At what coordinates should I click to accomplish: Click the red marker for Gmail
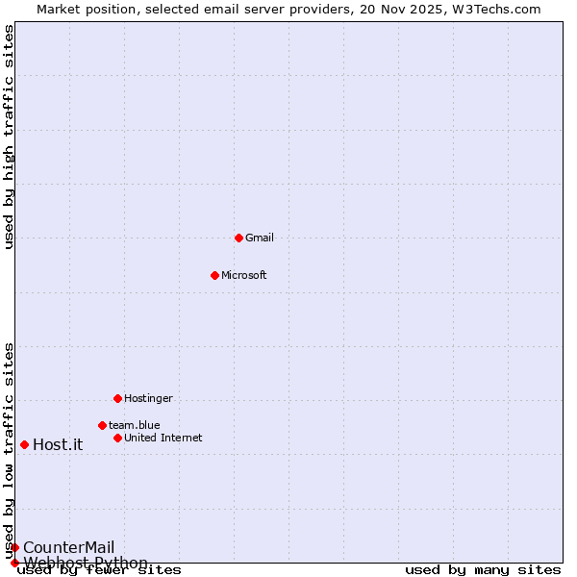[x=238, y=238]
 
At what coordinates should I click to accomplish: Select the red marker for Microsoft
[x=214, y=275]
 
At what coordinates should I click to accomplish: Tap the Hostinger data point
[x=117, y=398]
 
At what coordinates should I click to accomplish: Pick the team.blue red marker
[x=102, y=425]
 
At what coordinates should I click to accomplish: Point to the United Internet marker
[x=117, y=438]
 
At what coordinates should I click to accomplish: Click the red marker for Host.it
[x=24, y=444]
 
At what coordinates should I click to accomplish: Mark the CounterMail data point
[x=14, y=547]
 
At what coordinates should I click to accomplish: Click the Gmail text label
[x=260, y=238]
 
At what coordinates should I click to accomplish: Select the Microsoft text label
[x=244, y=275]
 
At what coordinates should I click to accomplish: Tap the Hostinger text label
[x=149, y=398]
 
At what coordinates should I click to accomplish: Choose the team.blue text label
[x=135, y=425]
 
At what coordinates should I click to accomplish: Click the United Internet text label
[x=163, y=438]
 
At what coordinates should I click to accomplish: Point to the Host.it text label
[x=58, y=444]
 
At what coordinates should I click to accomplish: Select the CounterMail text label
[x=68, y=547]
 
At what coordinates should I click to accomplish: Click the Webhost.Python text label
[x=86, y=563]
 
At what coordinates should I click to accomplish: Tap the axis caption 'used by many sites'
[x=483, y=569]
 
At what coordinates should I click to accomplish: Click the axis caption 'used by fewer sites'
[x=100, y=569]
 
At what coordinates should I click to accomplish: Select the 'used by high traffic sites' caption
[x=9, y=137]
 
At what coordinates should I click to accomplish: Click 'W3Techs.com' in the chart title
[x=496, y=9]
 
